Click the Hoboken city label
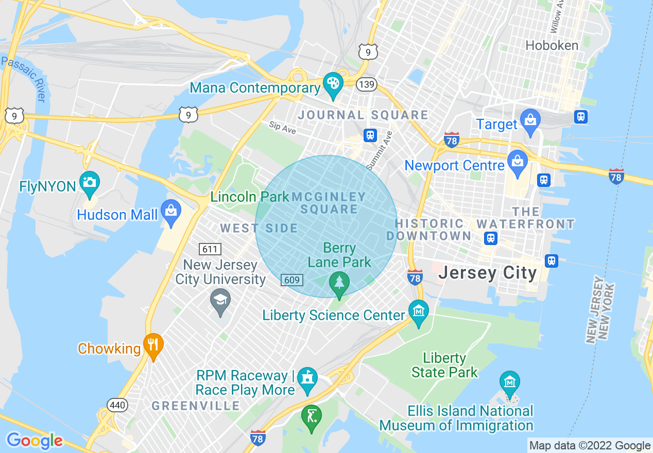coord(552,45)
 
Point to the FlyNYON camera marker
coord(90,183)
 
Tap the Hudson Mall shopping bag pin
coord(170,212)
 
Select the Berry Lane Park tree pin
coord(339,284)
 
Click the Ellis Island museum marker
coord(509,383)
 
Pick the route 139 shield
coord(367,84)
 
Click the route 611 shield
coord(210,250)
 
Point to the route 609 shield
coord(291,280)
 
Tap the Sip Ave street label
coord(282,127)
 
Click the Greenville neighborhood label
coord(196,406)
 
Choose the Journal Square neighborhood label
coord(363,115)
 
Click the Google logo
coord(35,441)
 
